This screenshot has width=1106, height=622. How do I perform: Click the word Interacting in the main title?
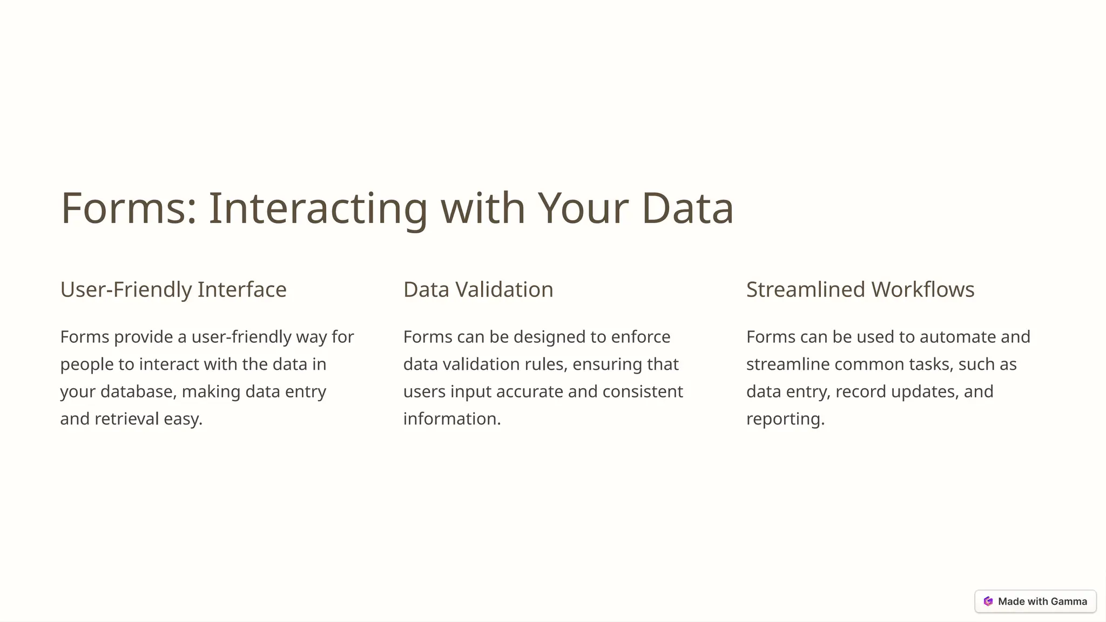318,208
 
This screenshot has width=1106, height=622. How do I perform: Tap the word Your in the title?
583,208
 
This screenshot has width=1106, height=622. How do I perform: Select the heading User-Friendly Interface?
173,289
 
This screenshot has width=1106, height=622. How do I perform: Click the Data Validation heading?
478,289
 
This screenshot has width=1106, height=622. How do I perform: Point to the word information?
451,419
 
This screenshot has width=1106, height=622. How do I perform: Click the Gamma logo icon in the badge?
988,601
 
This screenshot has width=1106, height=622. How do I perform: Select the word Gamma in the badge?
1069,601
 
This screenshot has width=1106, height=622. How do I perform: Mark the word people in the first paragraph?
86,364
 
